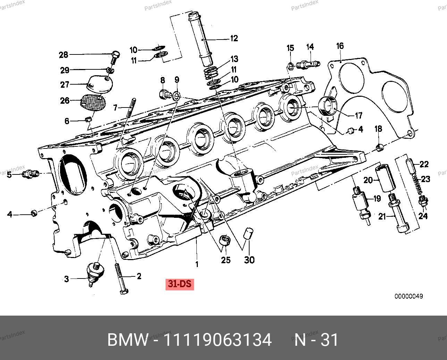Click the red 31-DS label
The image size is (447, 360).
click(x=179, y=284)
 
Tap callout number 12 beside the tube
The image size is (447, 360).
click(x=234, y=38)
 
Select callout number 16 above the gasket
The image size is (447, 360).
click(x=340, y=46)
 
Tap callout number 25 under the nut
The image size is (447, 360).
click(x=226, y=260)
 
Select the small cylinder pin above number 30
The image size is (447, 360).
click(x=248, y=233)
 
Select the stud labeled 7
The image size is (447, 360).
click(x=131, y=108)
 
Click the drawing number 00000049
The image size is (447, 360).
click(x=408, y=297)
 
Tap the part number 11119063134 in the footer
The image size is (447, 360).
click(x=218, y=340)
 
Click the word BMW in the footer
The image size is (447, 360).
click(x=128, y=340)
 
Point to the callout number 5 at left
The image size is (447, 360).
click(x=9, y=174)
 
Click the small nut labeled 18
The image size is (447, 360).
click(x=380, y=148)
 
